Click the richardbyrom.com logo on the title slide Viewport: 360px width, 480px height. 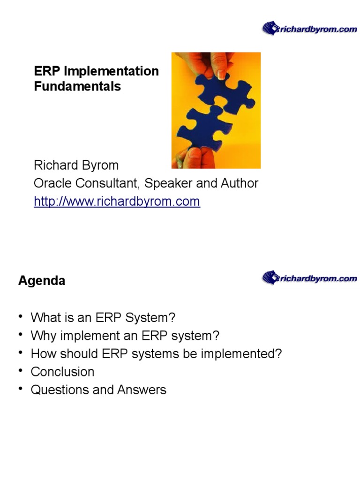(309, 29)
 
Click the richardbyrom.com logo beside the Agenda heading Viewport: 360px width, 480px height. (309, 278)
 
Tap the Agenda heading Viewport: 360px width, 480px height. (42, 281)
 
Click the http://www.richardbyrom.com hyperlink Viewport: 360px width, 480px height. (117, 202)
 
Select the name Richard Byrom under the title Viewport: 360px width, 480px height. (76, 165)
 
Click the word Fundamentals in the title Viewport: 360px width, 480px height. (77, 87)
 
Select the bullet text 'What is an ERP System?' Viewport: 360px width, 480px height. (103, 318)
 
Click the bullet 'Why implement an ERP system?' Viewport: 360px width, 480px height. (125, 336)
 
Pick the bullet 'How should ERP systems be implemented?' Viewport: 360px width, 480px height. (156, 354)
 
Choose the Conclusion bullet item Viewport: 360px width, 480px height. (62, 372)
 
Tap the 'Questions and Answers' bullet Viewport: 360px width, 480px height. (98, 390)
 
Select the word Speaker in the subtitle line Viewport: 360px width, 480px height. (170, 183)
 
